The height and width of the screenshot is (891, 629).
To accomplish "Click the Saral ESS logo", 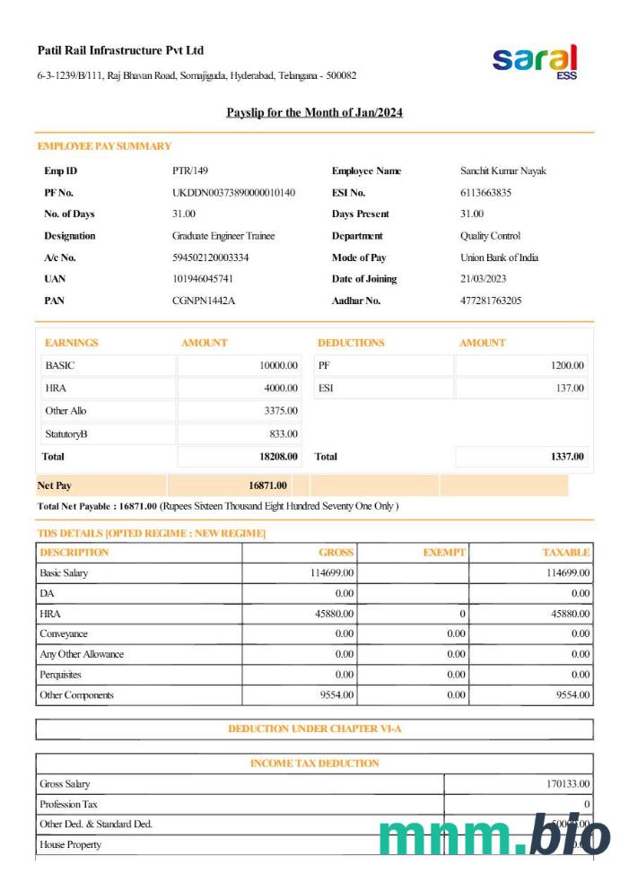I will [535, 61].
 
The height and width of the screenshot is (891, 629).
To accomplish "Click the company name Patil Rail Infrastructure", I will [121, 50].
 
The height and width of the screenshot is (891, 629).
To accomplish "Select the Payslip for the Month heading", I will [314, 113].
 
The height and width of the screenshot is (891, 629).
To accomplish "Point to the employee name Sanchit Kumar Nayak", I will [502, 171].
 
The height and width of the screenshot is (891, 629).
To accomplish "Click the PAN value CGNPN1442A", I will [204, 301].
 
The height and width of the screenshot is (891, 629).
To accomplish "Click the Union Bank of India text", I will [499, 258].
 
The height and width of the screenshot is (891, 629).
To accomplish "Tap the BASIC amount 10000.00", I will [278, 366].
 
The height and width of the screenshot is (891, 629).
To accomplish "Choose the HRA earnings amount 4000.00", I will [281, 389].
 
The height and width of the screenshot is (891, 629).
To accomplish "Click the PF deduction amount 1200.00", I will [567, 366].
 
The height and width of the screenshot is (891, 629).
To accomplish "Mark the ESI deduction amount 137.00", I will [570, 389].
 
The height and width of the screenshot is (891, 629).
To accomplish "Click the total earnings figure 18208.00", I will [278, 457].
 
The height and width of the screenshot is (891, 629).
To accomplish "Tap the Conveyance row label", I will [64, 634].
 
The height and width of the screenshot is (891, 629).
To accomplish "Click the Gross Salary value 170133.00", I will [568, 784].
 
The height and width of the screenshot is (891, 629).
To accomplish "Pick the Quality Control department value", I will [490, 236].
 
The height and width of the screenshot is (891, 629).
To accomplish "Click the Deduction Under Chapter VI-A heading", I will [314, 729].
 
